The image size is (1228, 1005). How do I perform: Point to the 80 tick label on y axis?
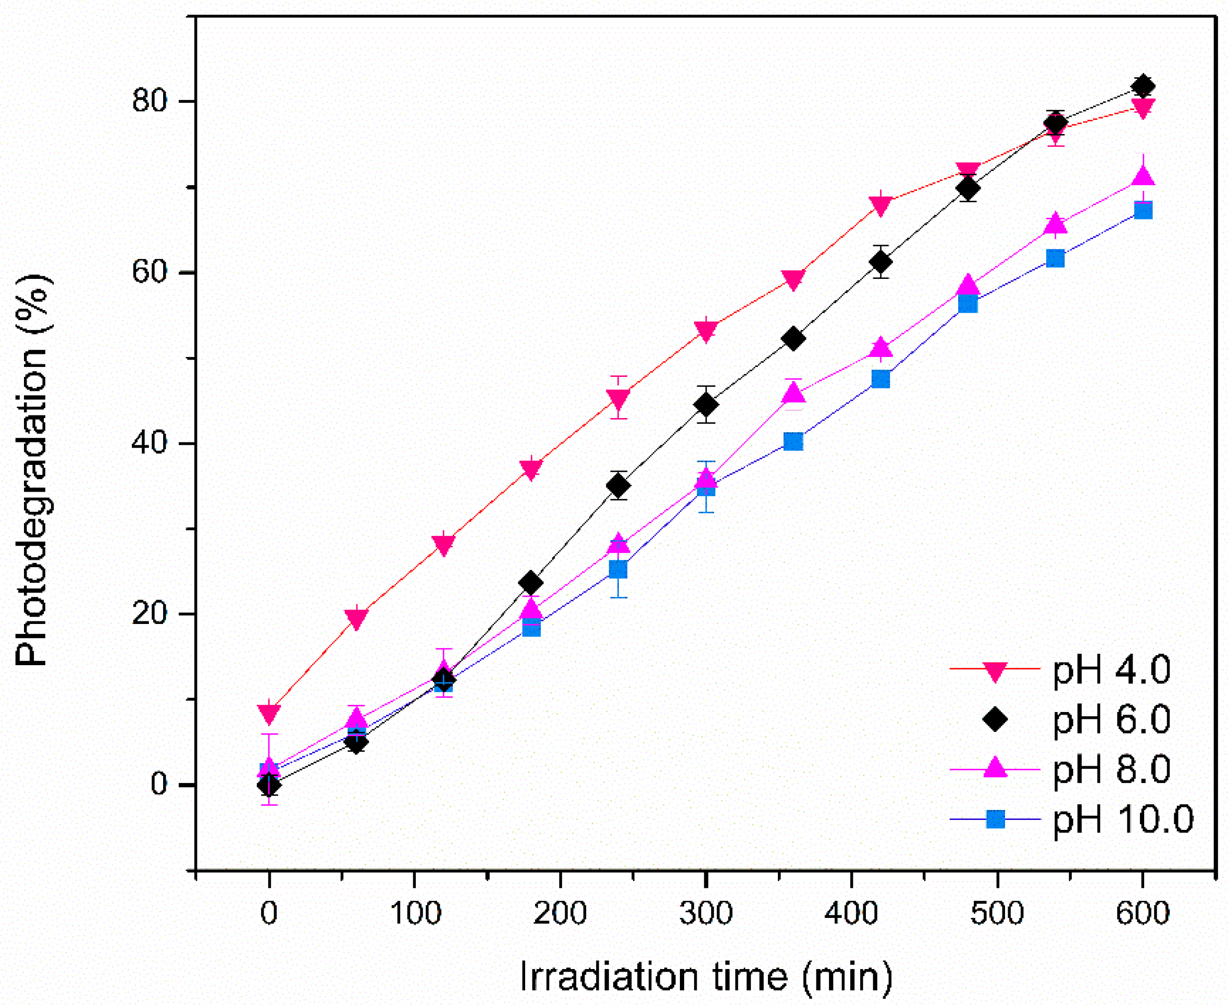coord(150,101)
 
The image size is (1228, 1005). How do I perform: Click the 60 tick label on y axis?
coord(150,273)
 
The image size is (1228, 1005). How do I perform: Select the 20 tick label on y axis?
coord(150,615)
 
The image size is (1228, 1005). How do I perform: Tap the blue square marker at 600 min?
coord(1143,210)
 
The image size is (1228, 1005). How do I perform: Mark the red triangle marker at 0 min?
coord(269,713)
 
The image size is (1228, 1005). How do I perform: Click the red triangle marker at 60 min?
coord(356,619)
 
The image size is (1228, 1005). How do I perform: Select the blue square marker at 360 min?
coord(793,442)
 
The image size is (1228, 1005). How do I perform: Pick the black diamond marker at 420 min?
coord(880,262)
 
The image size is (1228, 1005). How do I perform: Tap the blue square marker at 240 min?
coord(618,570)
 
